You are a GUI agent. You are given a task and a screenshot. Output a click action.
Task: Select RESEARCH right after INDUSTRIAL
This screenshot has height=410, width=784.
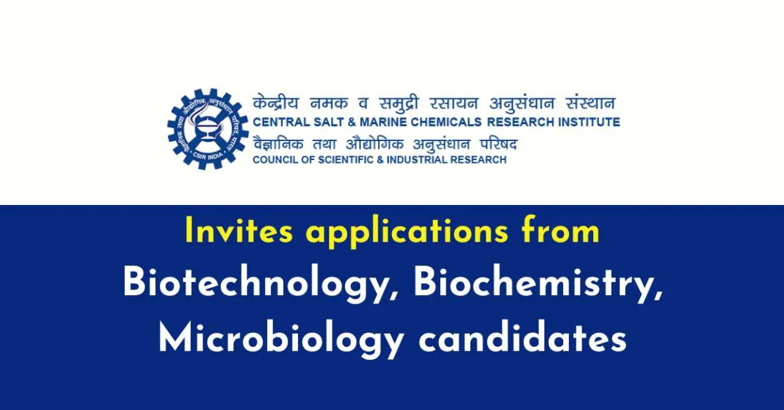click(482, 160)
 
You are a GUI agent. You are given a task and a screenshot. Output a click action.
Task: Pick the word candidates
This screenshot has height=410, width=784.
click(522, 339)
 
